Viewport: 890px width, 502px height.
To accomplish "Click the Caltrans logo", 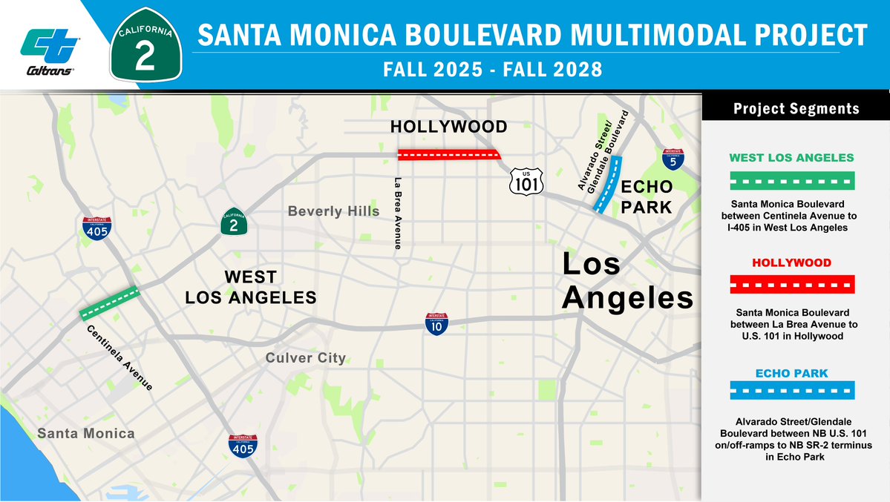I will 50,51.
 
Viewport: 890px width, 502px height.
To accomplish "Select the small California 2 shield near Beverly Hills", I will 233,222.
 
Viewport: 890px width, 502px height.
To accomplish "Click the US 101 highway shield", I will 526,182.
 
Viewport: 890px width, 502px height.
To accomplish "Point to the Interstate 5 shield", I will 673,159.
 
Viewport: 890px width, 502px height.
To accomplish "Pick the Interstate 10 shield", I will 436,324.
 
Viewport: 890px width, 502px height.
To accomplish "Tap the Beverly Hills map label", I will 333,212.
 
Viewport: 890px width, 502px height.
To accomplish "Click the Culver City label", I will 306,358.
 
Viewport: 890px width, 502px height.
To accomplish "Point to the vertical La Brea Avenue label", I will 398,212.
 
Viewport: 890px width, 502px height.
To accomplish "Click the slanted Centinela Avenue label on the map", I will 120,358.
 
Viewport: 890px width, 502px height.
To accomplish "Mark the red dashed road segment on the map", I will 448,155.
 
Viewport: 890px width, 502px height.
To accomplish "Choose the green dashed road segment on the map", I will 109,303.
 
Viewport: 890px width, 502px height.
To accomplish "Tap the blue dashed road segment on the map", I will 607,185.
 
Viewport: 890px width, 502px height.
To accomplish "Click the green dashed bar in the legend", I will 791,181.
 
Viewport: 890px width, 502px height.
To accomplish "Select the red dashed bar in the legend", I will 791,285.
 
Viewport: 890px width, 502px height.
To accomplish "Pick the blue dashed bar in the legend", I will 791,390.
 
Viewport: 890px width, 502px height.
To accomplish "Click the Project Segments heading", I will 796,109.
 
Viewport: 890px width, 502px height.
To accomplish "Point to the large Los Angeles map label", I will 626,281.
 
